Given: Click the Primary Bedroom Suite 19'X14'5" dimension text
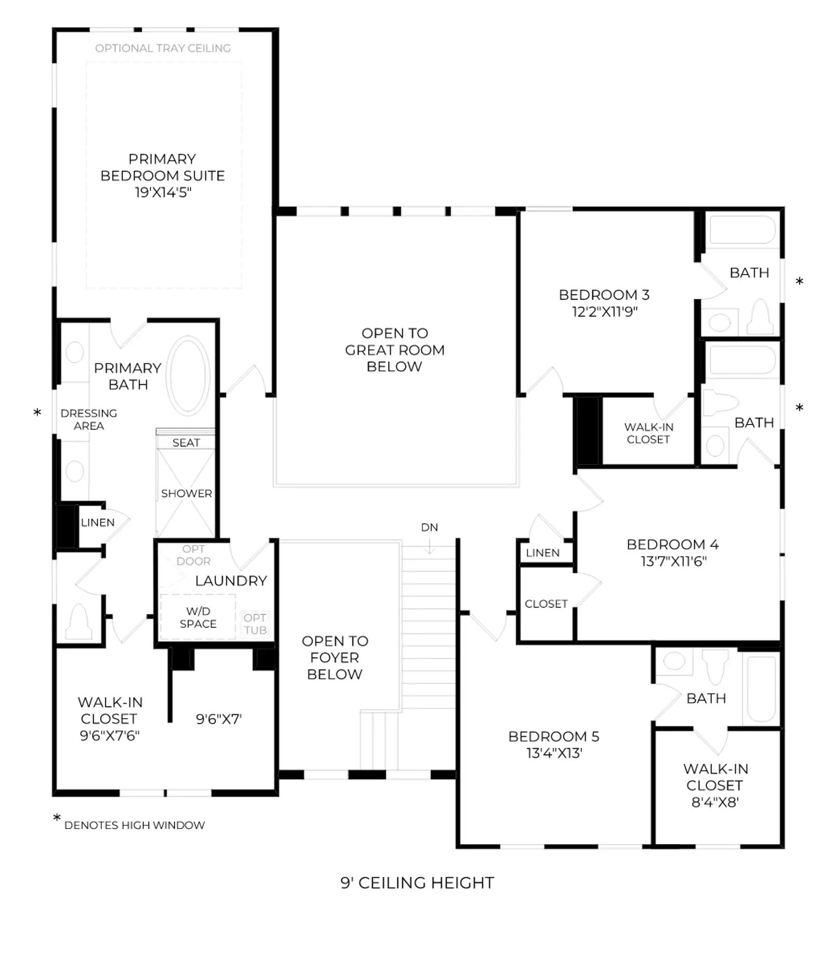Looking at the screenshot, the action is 163,192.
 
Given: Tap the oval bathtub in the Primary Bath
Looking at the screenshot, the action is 188,375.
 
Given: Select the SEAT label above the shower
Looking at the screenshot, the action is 186,443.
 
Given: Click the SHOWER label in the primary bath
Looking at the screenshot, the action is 187,493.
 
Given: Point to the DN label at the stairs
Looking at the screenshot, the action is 430,528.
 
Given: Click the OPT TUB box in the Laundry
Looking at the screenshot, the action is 255,624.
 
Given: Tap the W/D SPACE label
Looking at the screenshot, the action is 198,617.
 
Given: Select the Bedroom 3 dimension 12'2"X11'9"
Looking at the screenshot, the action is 604,312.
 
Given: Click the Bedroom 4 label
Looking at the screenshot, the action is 673,545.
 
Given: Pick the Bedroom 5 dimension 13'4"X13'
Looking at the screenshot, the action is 554,753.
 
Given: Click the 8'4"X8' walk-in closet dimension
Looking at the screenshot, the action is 715,802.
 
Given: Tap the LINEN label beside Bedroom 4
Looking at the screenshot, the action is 543,553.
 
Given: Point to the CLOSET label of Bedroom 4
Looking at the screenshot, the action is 546,604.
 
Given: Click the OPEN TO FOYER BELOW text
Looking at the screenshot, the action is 335,657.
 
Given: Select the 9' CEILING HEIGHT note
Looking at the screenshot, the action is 417,883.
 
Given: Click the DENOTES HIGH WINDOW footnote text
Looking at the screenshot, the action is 135,825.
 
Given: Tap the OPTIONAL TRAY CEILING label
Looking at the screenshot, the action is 163,48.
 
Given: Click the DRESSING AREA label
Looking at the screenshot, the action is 89,419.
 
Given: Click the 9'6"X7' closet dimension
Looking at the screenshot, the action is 219,719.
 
